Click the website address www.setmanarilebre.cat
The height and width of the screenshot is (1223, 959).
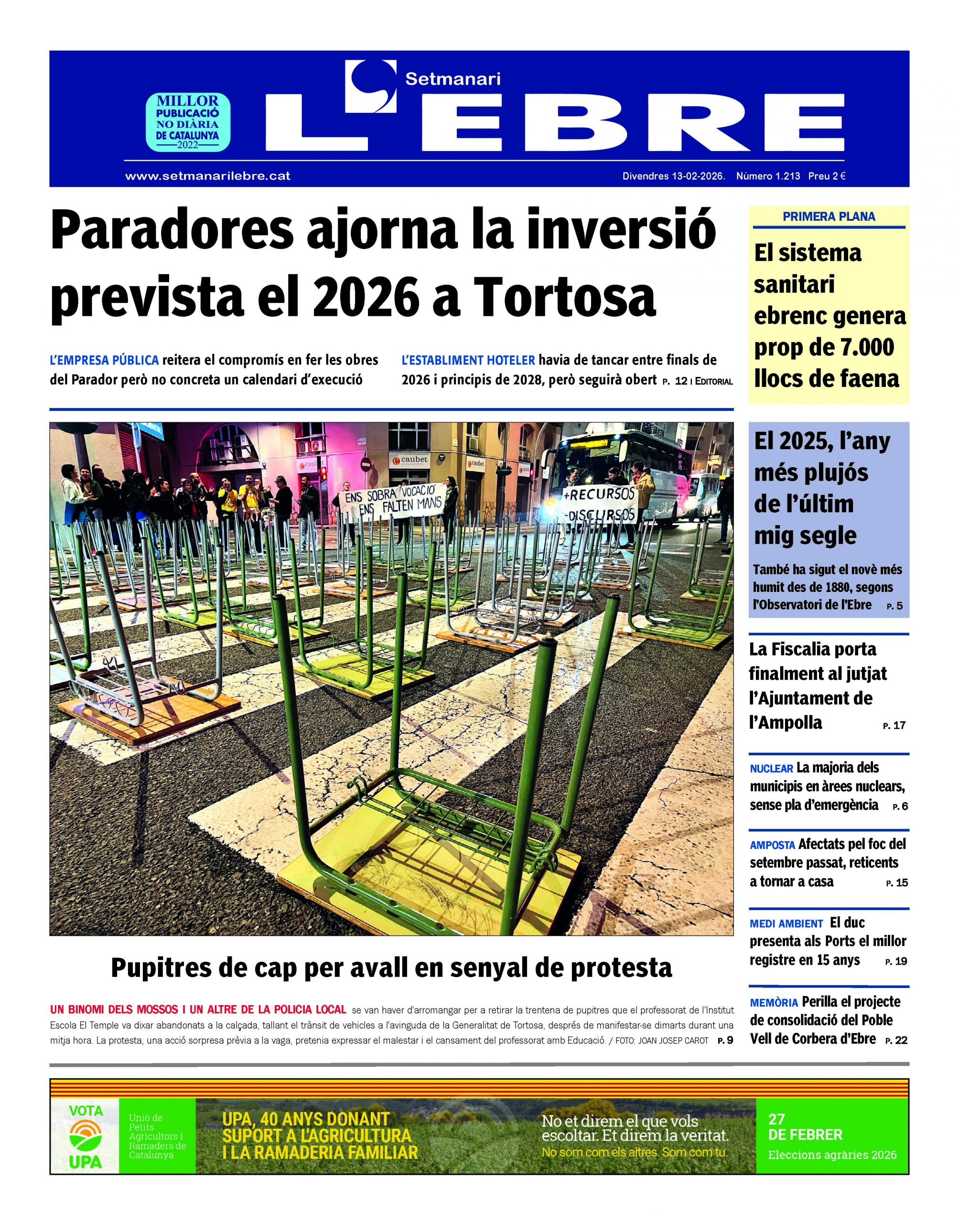pos(208,176)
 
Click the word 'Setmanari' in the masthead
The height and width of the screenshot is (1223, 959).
pos(453,79)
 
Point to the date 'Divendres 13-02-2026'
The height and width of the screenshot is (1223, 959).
pos(673,176)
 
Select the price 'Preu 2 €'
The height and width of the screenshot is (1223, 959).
pos(827,176)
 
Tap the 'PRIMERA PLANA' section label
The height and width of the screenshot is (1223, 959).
pos(828,216)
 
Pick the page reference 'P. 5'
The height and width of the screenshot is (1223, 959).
pos(894,607)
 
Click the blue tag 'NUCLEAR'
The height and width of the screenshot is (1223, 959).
pos(771,769)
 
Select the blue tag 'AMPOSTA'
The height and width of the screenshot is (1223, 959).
pos(772,845)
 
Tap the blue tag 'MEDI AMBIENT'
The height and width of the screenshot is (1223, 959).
pos(786,924)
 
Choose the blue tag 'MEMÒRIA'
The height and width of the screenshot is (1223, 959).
pos(773,1003)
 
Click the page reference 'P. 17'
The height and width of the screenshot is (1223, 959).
pos(894,726)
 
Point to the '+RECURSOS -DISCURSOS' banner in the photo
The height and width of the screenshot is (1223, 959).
pos(600,503)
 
